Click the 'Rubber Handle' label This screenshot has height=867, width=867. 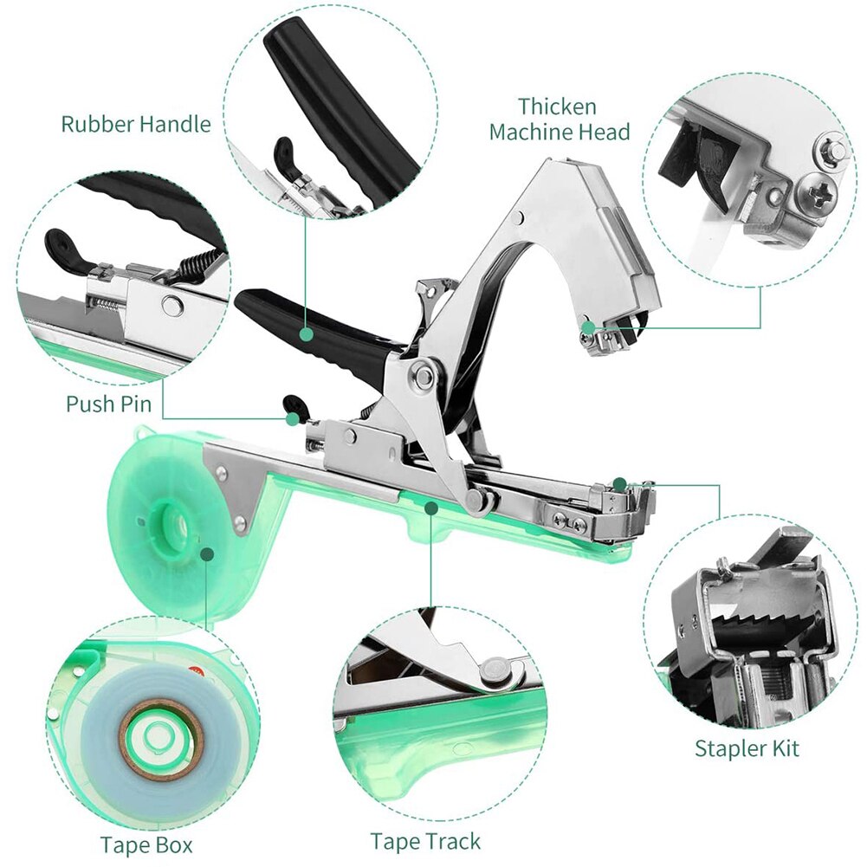click(x=135, y=124)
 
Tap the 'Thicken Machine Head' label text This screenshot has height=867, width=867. click(x=559, y=120)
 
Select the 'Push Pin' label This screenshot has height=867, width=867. click(x=108, y=404)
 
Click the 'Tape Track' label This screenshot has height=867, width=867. click(x=425, y=841)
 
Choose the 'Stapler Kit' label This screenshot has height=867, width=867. click(x=747, y=747)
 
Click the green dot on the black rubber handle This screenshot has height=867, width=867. click(x=306, y=333)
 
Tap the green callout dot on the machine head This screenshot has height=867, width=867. click(x=588, y=327)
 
